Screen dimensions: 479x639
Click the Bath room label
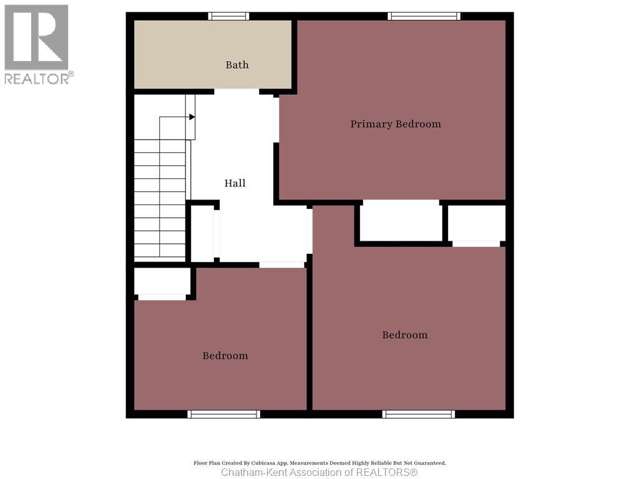coord(237,65)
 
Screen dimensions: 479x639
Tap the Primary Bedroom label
coord(396,124)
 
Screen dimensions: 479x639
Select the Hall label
coord(235,183)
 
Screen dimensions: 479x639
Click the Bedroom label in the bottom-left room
coord(225,356)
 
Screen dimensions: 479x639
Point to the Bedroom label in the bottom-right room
coord(405,335)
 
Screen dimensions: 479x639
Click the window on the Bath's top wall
coord(228,16)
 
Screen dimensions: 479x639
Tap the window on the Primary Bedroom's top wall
coord(424,16)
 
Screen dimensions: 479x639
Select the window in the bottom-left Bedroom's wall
coord(223,414)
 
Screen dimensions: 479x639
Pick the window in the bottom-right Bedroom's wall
coord(419,414)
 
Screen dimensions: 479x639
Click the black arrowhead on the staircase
coord(192,117)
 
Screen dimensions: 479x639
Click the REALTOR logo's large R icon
coord(36,37)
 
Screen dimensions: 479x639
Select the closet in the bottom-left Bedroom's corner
coord(162,281)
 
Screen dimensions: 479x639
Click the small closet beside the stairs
coord(202,234)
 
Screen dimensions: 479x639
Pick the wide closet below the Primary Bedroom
coord(401,220)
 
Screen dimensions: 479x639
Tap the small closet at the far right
coord(477,223)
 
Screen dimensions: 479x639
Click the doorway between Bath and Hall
coord(237,92)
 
